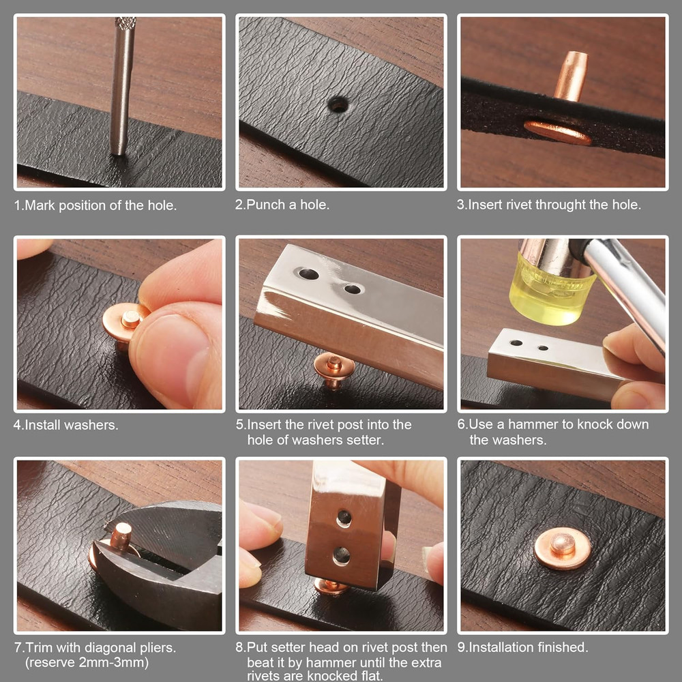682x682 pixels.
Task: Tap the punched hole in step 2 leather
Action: coord(338,104)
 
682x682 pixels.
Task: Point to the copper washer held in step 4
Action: coord(123,322)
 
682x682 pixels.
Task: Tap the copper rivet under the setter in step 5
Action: coord(333,369)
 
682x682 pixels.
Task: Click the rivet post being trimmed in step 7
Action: coord(121,536)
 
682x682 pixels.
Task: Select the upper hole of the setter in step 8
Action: coord(344,518)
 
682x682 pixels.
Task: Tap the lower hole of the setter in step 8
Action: coord(341,556)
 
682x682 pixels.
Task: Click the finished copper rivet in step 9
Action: coord(562,546)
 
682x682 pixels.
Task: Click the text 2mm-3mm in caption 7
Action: coord(106,662)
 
